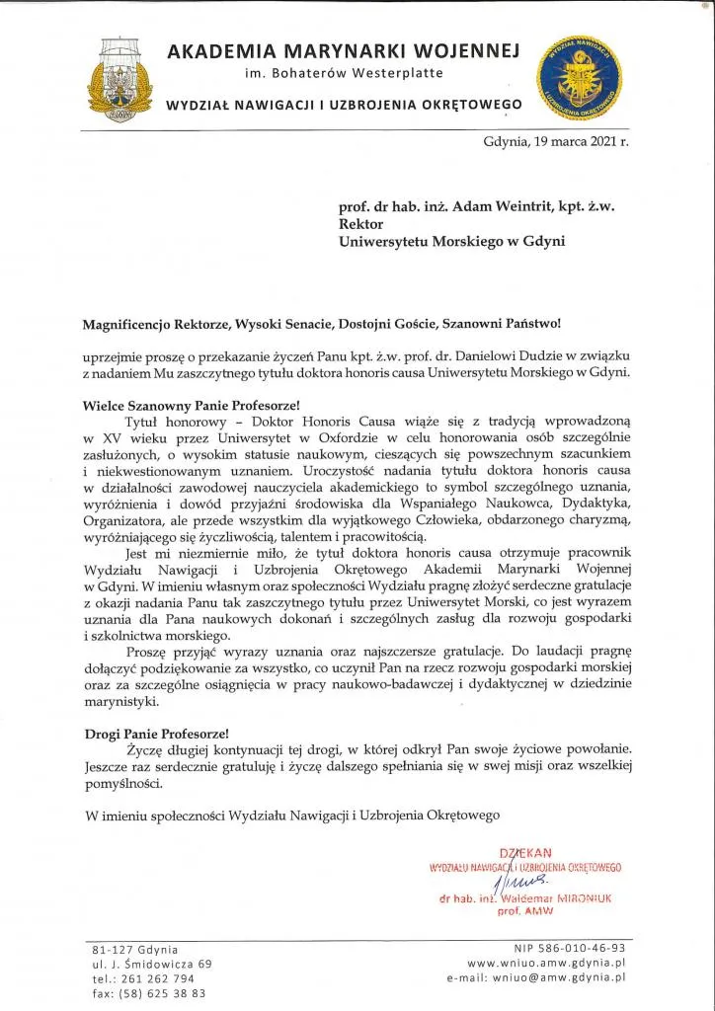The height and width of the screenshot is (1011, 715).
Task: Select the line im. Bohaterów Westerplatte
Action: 345,74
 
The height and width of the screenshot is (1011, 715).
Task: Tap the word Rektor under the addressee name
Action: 361,224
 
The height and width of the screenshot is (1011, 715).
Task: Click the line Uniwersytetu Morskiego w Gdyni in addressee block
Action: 451,241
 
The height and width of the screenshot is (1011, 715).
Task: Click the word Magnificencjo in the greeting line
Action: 132,323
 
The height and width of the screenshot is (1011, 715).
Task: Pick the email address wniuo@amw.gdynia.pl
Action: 563,977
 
